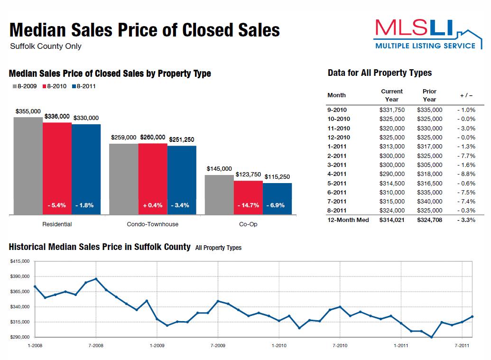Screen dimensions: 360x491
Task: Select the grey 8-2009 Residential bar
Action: click(x=28, y=166)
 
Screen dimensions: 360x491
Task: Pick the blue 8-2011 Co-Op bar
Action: click(x=277, y=199)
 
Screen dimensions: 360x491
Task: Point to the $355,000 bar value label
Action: click(x=28, y=111)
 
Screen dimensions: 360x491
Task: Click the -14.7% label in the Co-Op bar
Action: click(x=248, y=205)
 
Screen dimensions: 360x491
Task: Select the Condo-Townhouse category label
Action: click(x=153, y=224)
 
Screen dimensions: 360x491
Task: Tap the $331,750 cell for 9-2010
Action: click(x=392, y=110)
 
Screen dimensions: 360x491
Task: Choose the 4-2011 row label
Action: click(x=337, y=174)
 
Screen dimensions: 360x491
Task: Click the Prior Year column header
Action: click(x=429, y=95)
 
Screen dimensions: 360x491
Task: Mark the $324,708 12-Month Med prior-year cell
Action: click(x=429, y=220)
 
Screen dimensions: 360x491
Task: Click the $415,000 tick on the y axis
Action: click(x=20, y=261)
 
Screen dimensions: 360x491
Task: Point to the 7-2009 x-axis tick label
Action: click(x=218, y=346)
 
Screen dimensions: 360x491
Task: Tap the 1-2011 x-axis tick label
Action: click(x=401, y=346)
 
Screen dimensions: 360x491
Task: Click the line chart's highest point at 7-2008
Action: click(x=96, y=279)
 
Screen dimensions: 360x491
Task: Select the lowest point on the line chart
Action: click(x=431, y=337)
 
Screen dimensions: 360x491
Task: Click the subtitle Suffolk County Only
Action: click(x=46, y=46)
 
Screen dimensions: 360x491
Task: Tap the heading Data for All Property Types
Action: click(x=380, y=73)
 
